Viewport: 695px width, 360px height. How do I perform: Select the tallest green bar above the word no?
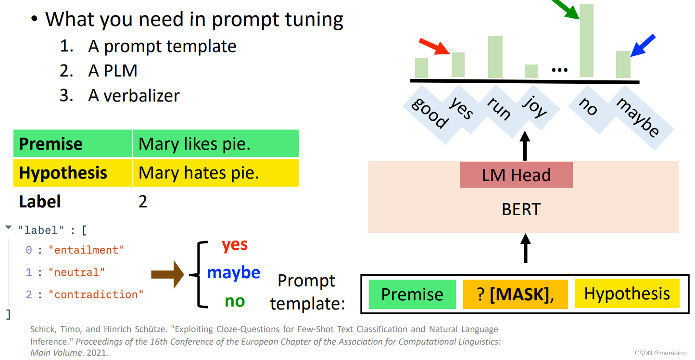click(587, 40)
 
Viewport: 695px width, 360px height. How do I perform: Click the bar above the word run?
click(495, 57)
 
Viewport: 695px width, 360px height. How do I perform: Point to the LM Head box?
click(516, 175)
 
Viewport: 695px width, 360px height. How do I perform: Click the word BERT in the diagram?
click(521, 209)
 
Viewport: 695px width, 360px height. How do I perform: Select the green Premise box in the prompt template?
click(412, 294)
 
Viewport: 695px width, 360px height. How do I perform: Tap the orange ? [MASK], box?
click(515, 294)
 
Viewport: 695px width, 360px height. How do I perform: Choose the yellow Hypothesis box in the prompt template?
click(627, 294)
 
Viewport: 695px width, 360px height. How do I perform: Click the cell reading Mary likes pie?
click(194, 143)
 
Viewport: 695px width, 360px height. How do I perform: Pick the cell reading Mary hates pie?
click(199, 173)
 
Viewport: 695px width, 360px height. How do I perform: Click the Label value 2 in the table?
click(143, 201)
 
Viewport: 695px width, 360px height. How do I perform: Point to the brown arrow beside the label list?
click(167, 274)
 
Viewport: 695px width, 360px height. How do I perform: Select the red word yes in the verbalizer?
click(235, 245)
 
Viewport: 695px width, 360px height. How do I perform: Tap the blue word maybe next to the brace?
click(233, 272)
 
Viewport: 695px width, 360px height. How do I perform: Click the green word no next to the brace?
click(235, 301)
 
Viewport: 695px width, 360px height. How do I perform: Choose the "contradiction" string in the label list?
click(96, 294)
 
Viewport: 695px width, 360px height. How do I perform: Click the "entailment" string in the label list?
click(86, 250)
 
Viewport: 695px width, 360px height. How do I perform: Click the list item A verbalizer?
click(134, 95)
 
